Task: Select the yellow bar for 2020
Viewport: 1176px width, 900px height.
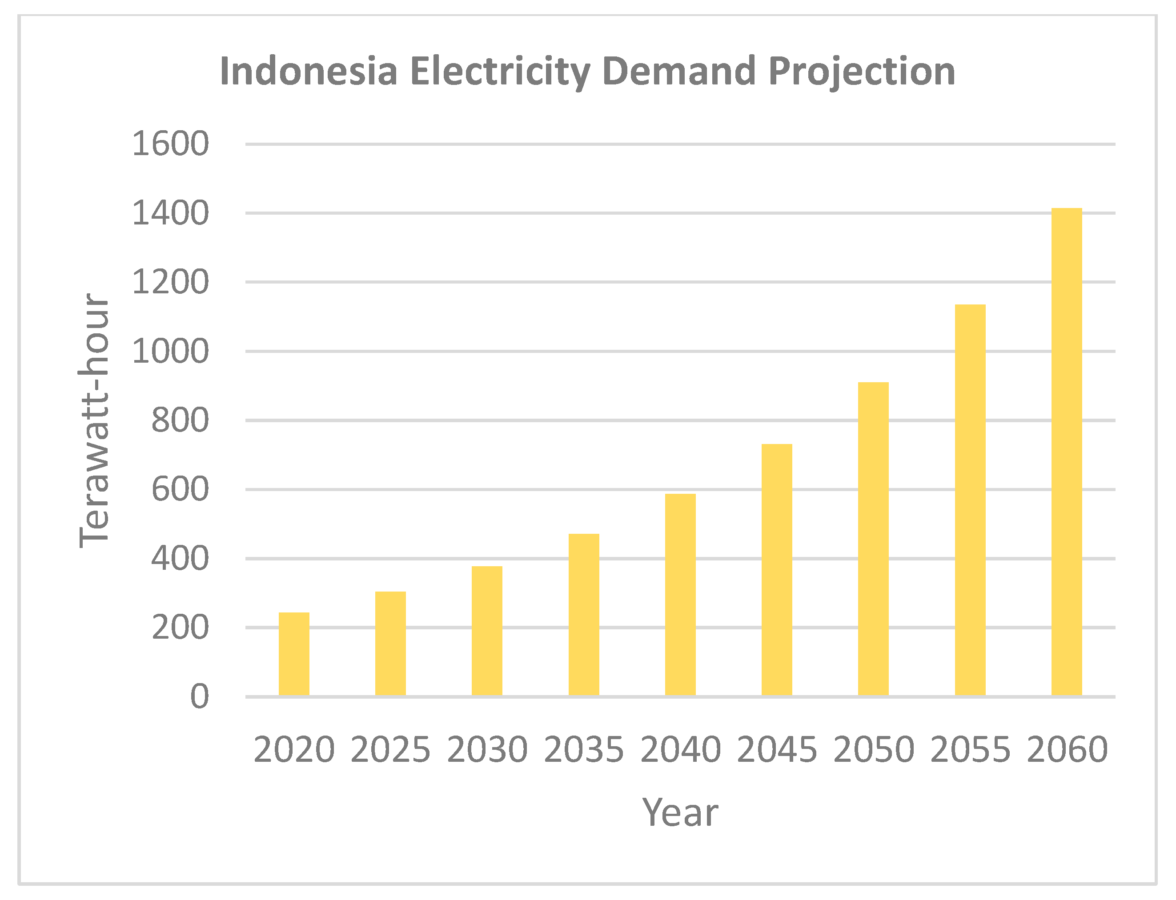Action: [294, 654]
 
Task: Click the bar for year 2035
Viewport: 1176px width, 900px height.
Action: [583, 615]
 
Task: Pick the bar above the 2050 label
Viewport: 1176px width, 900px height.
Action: [873, 539]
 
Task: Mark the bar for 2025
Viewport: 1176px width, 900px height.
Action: [390, 644]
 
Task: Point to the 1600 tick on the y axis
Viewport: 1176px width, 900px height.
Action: [170, 144]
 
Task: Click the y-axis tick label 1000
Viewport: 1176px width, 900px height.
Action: [170, 352]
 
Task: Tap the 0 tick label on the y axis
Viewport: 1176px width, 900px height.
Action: [200, 697]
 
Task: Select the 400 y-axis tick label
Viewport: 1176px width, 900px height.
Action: [180, 559]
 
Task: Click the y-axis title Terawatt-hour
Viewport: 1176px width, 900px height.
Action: [94, 420]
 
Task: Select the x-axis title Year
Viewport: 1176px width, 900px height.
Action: [680, 813]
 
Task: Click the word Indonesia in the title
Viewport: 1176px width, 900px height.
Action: [309, 71]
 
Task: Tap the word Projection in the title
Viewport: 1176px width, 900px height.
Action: [862, 71]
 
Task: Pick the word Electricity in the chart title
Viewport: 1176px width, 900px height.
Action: [500, 71]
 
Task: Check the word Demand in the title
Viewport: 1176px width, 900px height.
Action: [678, 71]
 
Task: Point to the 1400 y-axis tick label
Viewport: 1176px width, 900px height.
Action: [170, 213]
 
